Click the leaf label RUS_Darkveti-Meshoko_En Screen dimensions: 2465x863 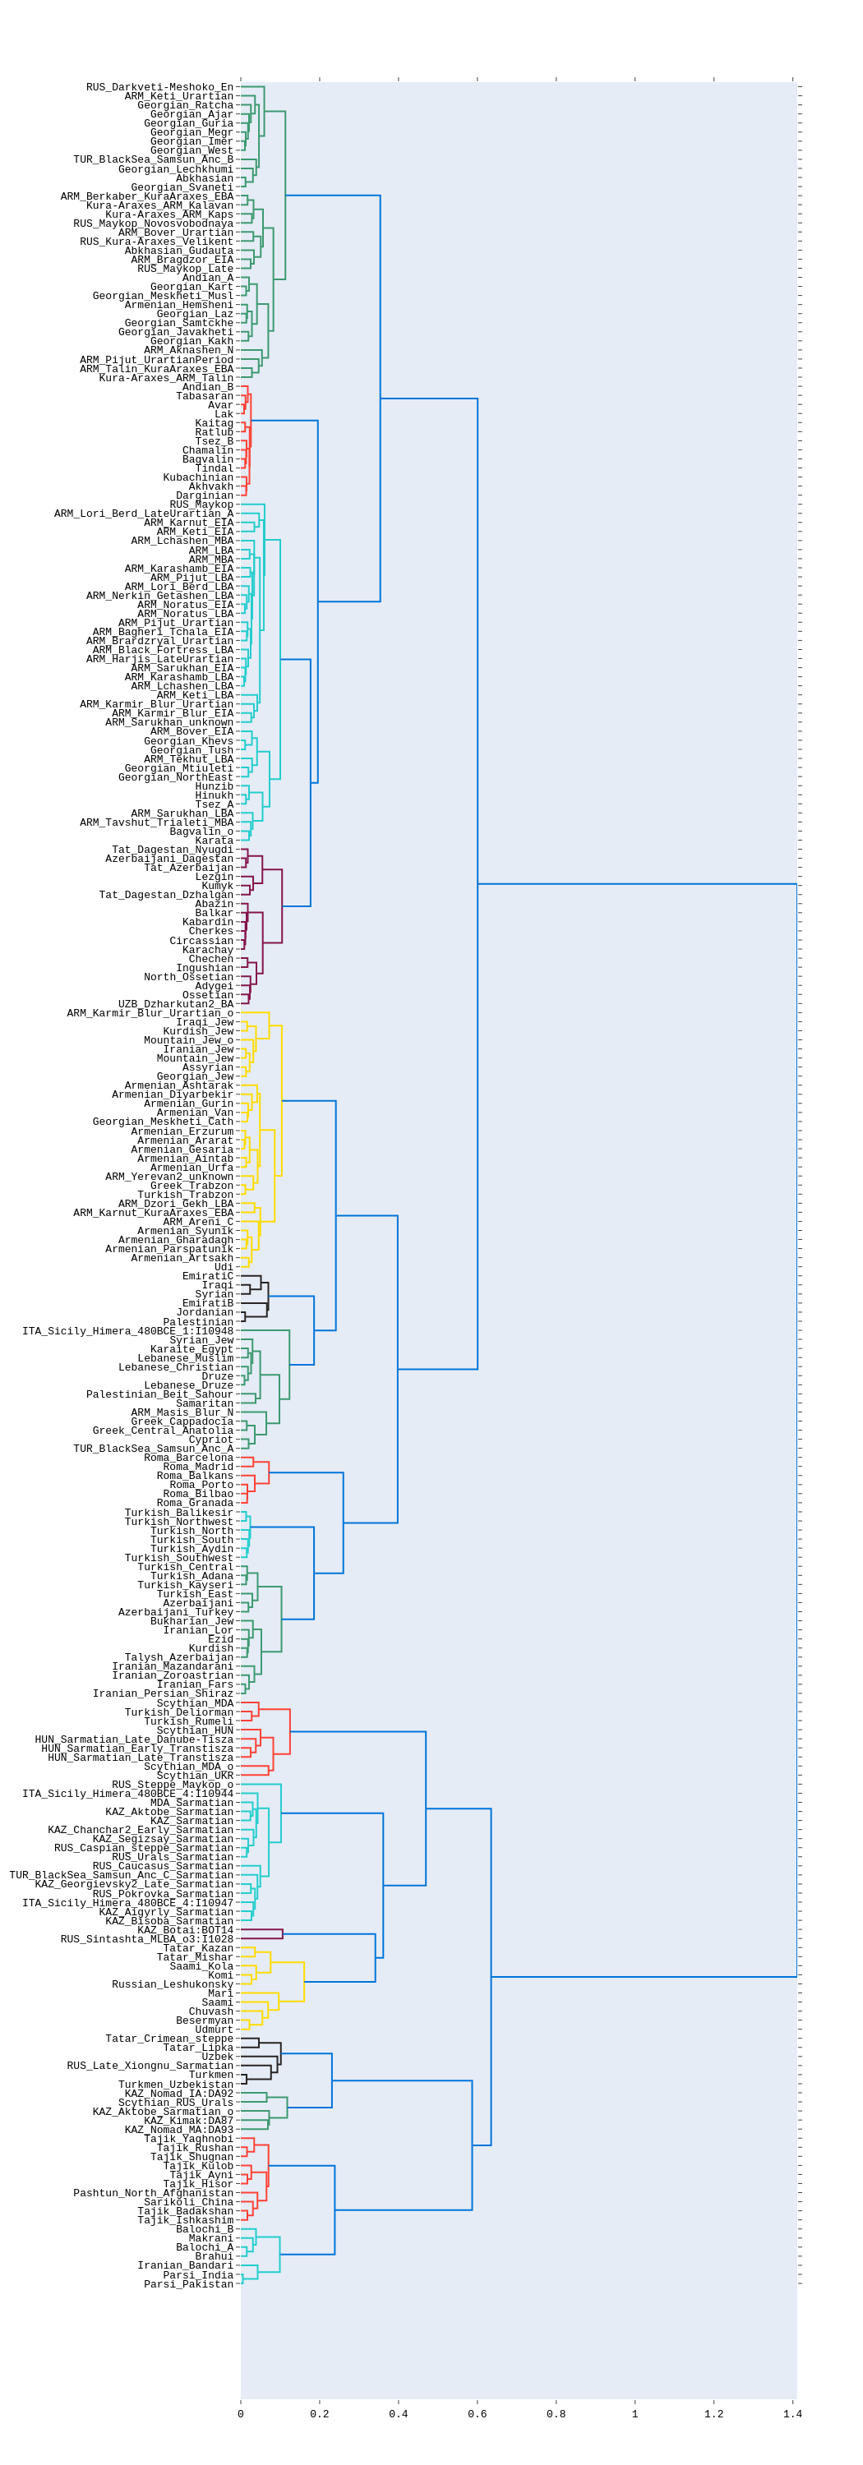(159, 87)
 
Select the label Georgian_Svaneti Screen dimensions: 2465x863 (182, 187)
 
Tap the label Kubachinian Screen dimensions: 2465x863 (198, 477)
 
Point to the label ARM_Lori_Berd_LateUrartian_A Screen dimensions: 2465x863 (144, 514)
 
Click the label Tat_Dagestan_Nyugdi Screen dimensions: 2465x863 (173, 850)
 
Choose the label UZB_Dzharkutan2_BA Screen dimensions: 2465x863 (175, 1004)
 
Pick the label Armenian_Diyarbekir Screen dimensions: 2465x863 (173, 1094)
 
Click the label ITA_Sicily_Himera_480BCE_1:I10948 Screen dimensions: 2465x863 (127, 1331)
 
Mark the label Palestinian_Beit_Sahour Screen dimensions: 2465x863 (159, 1394)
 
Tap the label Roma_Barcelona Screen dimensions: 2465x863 (188, 1458)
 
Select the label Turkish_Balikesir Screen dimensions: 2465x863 (179, 1513)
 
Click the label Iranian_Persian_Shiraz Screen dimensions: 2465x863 (163, 1693)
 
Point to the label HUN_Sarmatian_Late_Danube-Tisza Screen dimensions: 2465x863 (134, 1739)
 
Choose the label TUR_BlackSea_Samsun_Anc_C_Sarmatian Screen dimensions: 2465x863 (122, 1876)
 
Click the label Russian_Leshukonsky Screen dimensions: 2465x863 (173, 1984)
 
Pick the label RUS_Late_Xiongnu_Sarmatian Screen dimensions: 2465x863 (150, 2066)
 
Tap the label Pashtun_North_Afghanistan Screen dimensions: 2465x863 (153, 2193)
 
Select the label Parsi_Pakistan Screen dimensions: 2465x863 (188, 2284)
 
